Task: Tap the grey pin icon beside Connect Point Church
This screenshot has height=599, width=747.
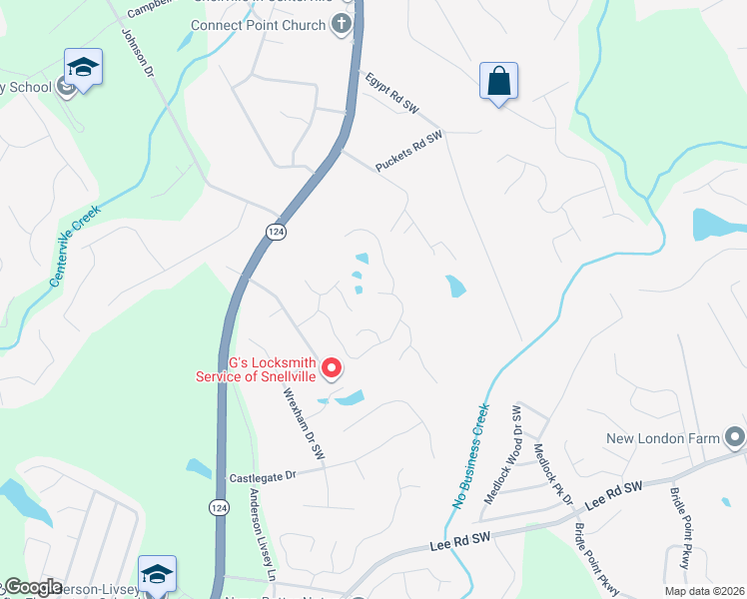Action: [x=343, y=24]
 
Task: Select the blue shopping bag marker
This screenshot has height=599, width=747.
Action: [x=498, y=82]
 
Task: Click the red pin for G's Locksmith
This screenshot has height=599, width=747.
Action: [x=332, y=368]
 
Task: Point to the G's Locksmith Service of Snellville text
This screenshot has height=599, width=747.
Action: [x=256, y=368]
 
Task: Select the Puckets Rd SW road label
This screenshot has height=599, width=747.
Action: [x=408, y=152]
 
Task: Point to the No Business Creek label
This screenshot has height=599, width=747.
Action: [x=470, y=456]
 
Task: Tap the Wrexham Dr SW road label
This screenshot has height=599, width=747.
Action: [x=304, y=422]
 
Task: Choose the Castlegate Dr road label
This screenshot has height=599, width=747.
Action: [x=263, y=477]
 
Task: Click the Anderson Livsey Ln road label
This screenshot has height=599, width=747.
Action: [x=262, y=535]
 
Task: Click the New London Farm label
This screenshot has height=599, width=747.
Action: [x=663, y=439]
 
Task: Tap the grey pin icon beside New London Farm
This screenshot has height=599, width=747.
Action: [x=735, y=437]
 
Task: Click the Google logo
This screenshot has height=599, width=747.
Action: [x=32, y=587]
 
